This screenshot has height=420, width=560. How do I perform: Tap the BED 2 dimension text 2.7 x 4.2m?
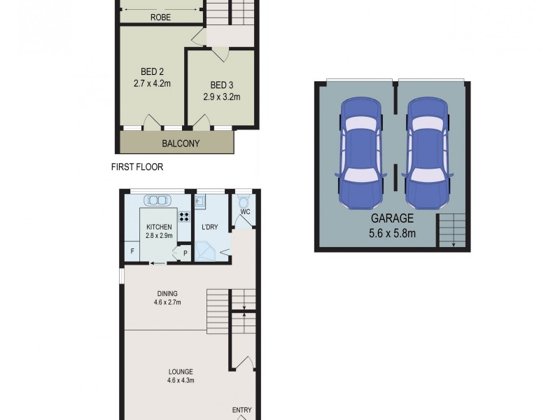152,83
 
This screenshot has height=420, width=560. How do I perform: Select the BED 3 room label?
221,85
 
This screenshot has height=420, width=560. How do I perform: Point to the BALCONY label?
181,143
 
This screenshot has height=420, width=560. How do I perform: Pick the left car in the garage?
360,153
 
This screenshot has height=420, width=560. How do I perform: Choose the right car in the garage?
427,153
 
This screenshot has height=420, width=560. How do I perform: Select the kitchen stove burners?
185,216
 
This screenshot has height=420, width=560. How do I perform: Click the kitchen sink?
159,200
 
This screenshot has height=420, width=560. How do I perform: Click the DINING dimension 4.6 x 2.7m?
167,303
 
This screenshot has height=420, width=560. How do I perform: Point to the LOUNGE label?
180,372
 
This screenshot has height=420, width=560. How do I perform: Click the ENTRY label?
241,410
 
